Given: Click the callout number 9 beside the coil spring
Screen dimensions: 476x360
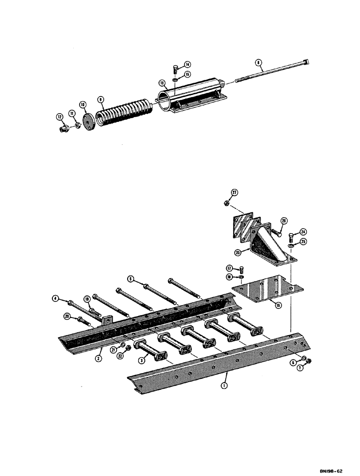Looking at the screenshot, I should coord(100,99).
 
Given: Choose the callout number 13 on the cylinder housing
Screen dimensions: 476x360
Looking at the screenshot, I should coord(162,83).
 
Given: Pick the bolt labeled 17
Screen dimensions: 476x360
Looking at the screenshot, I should coord(240,269).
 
